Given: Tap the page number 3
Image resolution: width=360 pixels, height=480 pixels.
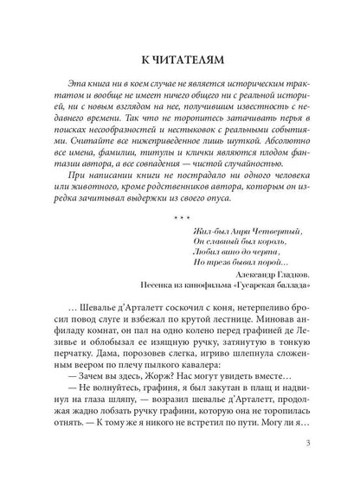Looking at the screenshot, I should click(x=320, y=446).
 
